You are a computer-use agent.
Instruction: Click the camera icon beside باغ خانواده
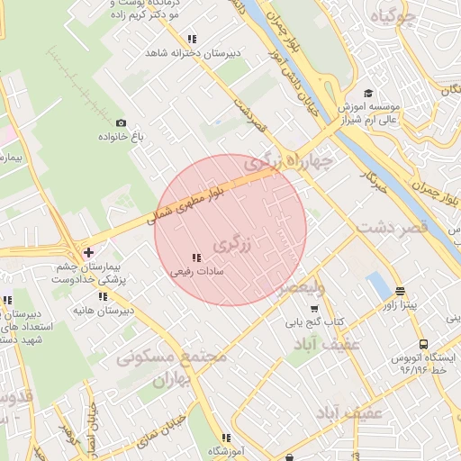click(121, 122)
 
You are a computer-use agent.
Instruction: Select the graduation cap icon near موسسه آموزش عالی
click(368, 94)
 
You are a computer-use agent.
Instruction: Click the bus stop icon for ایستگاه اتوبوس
click(424, 343)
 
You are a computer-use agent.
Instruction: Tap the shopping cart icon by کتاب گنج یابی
click(313, 309)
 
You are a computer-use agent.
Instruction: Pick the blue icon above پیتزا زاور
click(399, 291)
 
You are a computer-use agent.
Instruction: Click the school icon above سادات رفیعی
click(196, 258)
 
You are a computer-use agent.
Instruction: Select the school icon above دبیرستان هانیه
click(103, 296)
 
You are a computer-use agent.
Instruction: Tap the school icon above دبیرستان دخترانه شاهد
click(191, 39)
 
